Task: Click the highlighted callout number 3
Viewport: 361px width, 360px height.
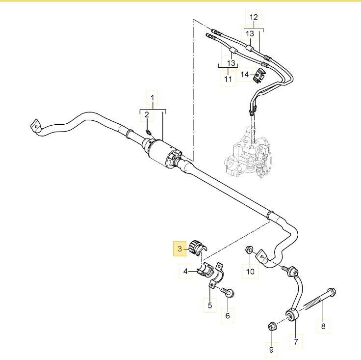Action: point(180,249)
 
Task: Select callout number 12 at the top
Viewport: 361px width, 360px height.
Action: point(254,17)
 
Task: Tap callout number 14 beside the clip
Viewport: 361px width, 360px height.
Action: point(245,75)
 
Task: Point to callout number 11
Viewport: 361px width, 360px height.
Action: point(228,79)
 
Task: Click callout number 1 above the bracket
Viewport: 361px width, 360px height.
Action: point(152,98)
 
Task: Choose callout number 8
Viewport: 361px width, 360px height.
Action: point(323,326)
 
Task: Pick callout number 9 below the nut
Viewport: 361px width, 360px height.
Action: point(271,350)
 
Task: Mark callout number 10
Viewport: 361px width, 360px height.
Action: point(250,271)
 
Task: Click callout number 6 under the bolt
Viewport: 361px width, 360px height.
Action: point(228,315)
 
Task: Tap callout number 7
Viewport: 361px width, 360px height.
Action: point(296,341)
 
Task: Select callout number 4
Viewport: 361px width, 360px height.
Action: point(185,271)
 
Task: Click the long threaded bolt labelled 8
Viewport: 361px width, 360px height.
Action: point(320,298)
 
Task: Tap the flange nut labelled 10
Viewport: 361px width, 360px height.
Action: point(249,249)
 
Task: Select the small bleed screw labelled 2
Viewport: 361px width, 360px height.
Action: point(148,132)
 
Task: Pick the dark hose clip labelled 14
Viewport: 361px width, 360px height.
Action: point(259,76)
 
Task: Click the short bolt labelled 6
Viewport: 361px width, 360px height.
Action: point(228,292)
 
